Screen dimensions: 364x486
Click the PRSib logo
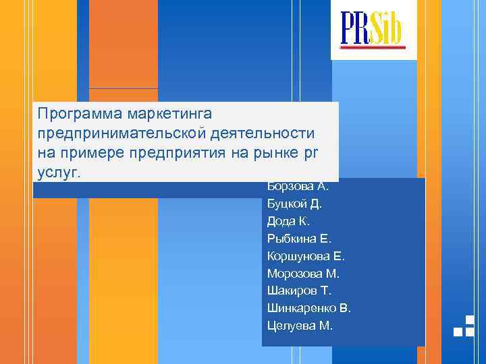click(x=373, y=29)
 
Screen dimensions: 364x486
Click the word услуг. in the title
click(x=59, y=172)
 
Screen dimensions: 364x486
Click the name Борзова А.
click(x=298, y=187)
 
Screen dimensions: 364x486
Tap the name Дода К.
click(x=288, y=221)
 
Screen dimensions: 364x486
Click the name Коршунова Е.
click(x=306, y=256)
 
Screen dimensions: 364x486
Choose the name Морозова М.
click(x=303, y=274)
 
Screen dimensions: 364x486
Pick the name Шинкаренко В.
click(x=309, y=309)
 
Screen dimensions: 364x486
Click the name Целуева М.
click(x=300, y=326)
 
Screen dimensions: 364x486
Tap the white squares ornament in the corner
click(x=464, y=326)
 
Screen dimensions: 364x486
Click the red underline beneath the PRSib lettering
click(x=373, y=47)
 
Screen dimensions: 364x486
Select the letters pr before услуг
click(x=310, y=153)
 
